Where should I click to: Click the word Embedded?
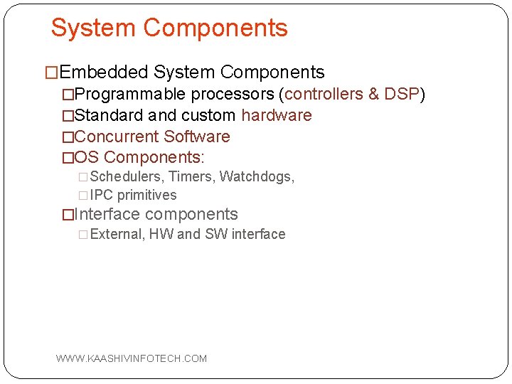coord(104,73)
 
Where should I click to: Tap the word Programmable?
coord(130,94)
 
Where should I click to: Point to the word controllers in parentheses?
coord(325,94)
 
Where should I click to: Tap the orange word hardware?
coord(277,115)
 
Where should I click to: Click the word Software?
coord(197,137)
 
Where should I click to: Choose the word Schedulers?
coord(127,176)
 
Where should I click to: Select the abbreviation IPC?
coord(102,196)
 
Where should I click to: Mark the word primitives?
coord(147,196)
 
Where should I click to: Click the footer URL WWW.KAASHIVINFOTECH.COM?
coord(132,358)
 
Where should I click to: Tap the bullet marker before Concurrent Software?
coord(68,137)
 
